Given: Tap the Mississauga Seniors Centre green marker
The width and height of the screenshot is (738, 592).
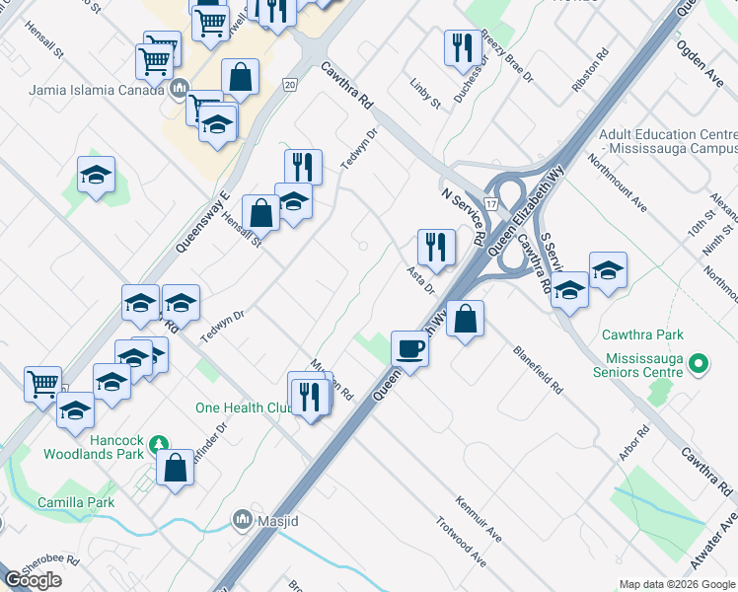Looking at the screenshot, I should click(699, 365).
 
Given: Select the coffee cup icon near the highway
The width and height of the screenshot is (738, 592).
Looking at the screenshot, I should click(409, 348).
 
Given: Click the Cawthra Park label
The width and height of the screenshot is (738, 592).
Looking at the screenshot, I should click(646, 335).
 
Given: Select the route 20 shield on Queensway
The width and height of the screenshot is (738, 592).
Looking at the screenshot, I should click(289, 85).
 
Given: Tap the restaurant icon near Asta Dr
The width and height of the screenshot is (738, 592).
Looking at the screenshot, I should click(436, 247).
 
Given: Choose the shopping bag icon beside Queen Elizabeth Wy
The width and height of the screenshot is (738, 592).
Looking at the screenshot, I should click(465, 318).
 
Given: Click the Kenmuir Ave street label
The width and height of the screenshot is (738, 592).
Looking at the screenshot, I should click(480, 519).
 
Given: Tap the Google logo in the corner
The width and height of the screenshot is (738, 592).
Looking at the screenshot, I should click(34, 580).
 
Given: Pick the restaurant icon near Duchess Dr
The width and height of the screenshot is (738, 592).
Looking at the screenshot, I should click(460, 47).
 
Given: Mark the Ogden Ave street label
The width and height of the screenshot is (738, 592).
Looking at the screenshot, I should click(701, 60).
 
